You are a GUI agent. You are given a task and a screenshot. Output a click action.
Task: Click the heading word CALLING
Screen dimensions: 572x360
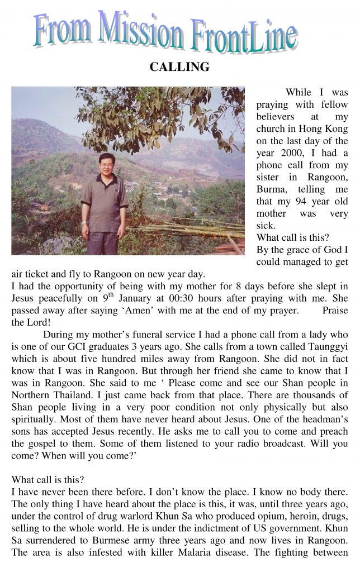click(x=179, y=68)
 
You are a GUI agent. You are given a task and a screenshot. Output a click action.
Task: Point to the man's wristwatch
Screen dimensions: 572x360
click(x=83, y=222)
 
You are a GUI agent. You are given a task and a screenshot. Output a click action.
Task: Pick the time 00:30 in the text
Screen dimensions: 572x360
click(x=181, y=298)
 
